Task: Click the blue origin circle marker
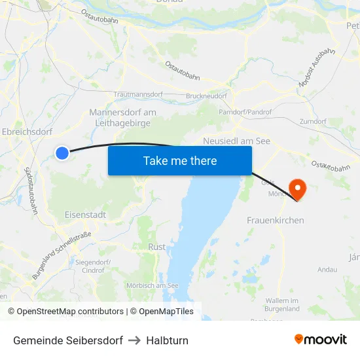pyautogui.click(x=62, y=153)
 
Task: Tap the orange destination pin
pyautogui.click(x=297, y=189)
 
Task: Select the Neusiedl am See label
pyautogui.click(x=236, y=141)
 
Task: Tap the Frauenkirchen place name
pyautogui.click(x=275, y=221)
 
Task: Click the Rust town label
pyautogui.click(x=157, y=247)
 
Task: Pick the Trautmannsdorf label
pyautogui.click(x=138, y=94)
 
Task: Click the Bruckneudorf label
pyautogui.click(x=206, y=96)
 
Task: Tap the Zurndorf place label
pyautogui.click(x=312, y=122)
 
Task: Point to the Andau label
pyautogui.click(x=327, y=269)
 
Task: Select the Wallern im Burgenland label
pyautogui.click(x=283, y=304)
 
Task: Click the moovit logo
pyautogui.click(x=321, y=340)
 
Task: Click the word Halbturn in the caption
pyautogui.click(x=167, y=340)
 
